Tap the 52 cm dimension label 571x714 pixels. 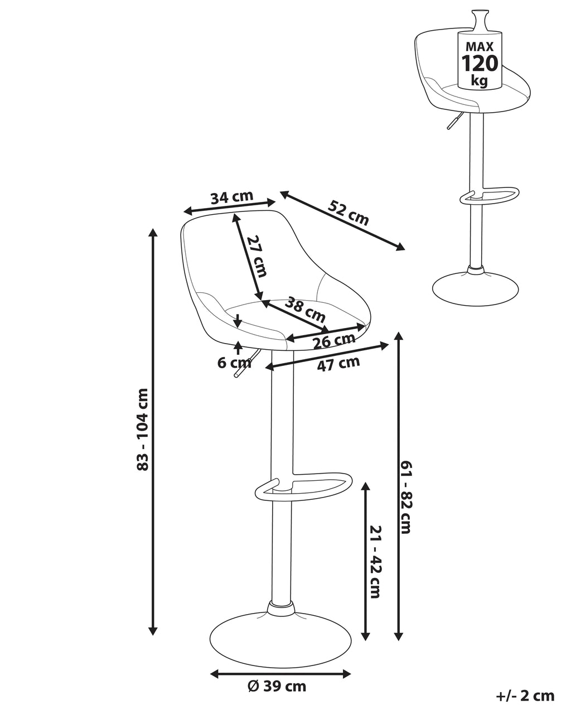click(349, 213)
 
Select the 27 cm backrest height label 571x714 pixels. click(257, 256)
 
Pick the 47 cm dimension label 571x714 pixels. click(338, 364)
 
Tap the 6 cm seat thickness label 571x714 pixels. click(234, 363)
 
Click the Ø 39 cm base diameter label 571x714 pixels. click(277, 686)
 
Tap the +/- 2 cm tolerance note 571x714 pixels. click(525, 696)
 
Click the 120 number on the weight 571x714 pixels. click(479, 64)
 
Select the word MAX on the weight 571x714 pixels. click(479, 44)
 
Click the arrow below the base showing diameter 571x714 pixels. click(280, 674)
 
